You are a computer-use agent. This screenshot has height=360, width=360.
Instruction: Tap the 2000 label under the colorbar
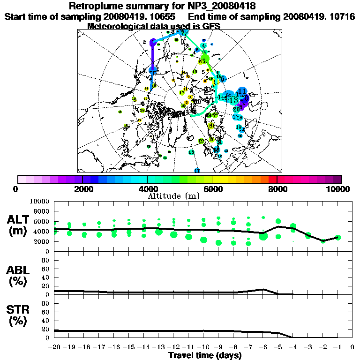pos(82,189)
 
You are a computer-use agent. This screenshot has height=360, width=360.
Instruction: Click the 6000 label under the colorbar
pos(212,189)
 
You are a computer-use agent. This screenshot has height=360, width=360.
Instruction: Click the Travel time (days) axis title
pos(205,355)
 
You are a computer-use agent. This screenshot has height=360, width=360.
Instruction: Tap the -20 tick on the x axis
pos(55,347)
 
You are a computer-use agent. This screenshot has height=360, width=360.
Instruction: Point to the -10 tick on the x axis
pos(203,347)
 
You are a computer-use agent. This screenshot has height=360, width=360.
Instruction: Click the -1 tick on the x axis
pos(337,347)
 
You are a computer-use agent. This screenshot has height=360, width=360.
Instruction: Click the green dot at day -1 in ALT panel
pos(338,238)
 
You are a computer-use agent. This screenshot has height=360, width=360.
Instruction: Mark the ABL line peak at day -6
pos(263,289)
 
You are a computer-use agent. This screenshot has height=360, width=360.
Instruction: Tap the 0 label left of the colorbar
pos(16,189)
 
